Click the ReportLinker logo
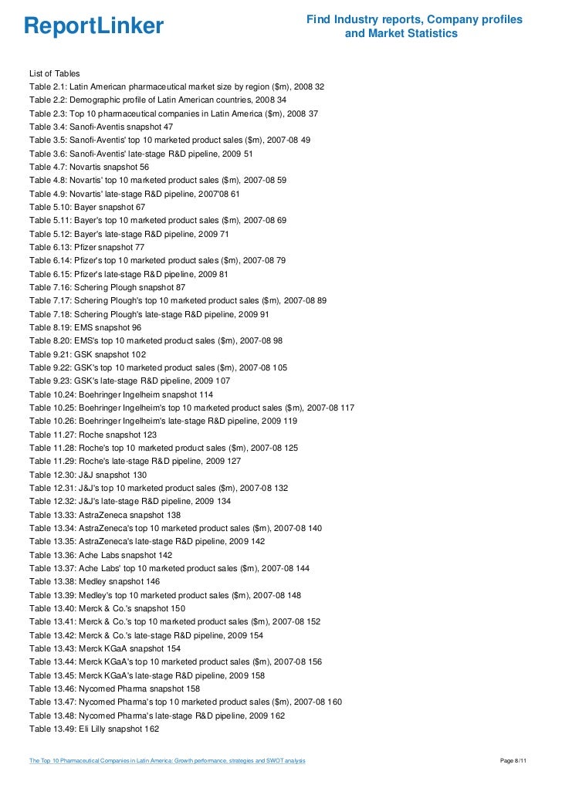[x=94, y=27]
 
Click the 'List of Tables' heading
[x=54, y=73]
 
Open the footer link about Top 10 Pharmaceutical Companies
[x=167, y=762]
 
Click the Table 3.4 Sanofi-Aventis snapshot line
[x=101, y=127]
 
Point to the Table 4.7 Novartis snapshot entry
[x=90, y=167]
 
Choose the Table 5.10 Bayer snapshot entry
[x=87, y=207]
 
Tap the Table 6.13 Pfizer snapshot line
[x=87, y=247]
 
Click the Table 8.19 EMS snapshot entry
[x=85, y=327]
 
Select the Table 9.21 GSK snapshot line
[x=87, y=354]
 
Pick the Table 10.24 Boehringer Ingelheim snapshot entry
[x=121, y=394]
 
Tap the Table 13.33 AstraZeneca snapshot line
[x=105, y=515]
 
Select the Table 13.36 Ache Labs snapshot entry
[x=101, y=555]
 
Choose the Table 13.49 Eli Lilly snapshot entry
[x=94, y=729]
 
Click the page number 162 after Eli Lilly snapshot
[x=151, y=729]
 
